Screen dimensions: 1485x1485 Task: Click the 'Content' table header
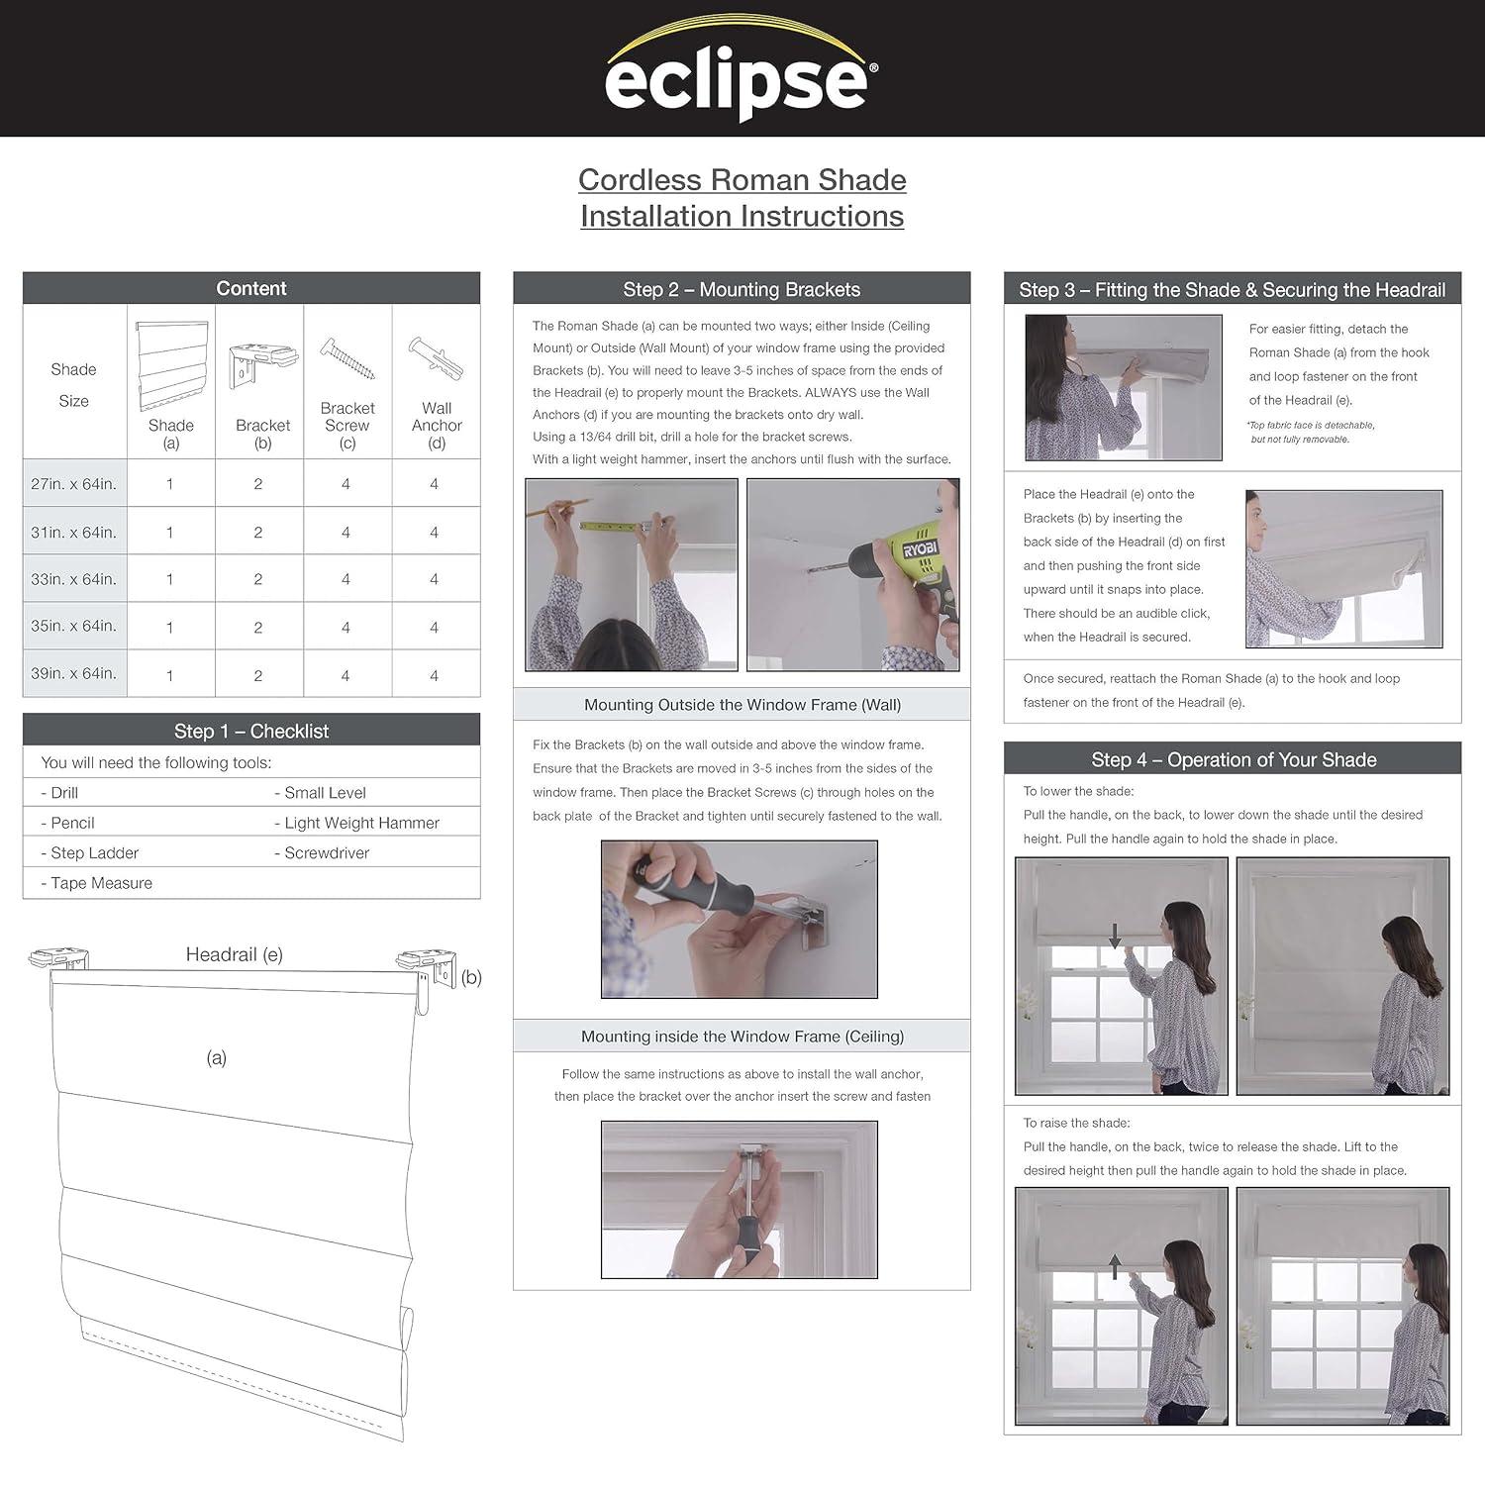pyautogui.click(x=251, y=288)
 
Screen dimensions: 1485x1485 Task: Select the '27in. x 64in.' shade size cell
pyautogui.click(x=74, y=484)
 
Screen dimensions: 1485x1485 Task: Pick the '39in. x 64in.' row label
pyautogui.click(x=74, y=673)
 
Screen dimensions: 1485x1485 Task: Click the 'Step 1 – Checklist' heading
pyautogui.click(x=251, y=731)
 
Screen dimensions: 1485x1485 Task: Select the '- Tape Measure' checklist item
pyautogui.click(x=97, y=883)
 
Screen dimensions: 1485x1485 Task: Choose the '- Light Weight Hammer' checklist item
pyautogui.click(x=356, y=823)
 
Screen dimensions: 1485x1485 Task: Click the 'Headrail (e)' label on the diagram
pyautogui.click(x=235, y=954)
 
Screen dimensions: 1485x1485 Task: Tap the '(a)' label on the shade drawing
pyautogui.click(x=217, y=1057)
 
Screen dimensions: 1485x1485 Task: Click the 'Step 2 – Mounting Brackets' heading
pyautogui.click(x=742, y=289)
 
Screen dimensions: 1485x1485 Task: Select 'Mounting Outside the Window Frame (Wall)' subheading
pyautogui.click(x=742, y=705)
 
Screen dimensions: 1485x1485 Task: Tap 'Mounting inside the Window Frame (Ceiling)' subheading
pyautogui.click(x=742, y=1037)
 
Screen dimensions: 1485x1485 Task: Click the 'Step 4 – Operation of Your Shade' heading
pyautogui.click(x=1234, y=759)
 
